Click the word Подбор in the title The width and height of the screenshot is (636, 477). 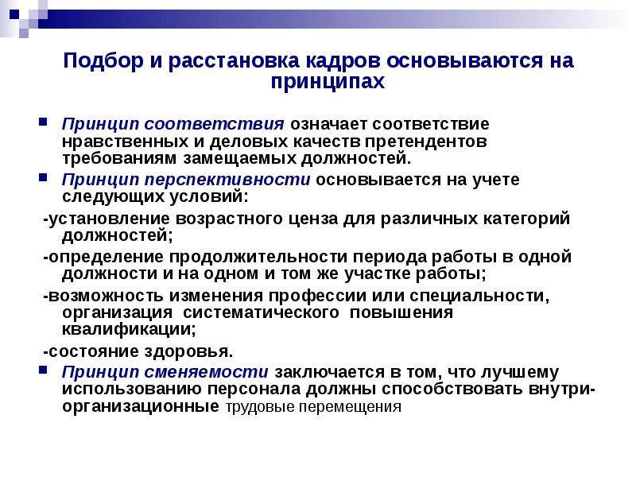pos(103,61)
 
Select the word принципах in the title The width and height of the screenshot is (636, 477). pos(328,82)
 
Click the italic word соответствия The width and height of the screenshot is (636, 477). pos(214,124)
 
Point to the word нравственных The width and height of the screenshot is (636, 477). pos(126,142)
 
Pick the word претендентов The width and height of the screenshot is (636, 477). pos(425,142)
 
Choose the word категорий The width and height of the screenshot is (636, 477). pos(526,219)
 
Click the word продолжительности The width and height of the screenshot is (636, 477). pos(258,257)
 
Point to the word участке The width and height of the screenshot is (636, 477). pos(377,273)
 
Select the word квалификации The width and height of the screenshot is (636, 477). pos(129,329)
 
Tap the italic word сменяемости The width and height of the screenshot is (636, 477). pos(206,372)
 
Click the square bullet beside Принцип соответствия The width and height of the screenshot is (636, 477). pos(43,122)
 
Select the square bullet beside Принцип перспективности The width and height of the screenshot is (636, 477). pos(43,177)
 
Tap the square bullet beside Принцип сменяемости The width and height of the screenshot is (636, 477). pos(43,370)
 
